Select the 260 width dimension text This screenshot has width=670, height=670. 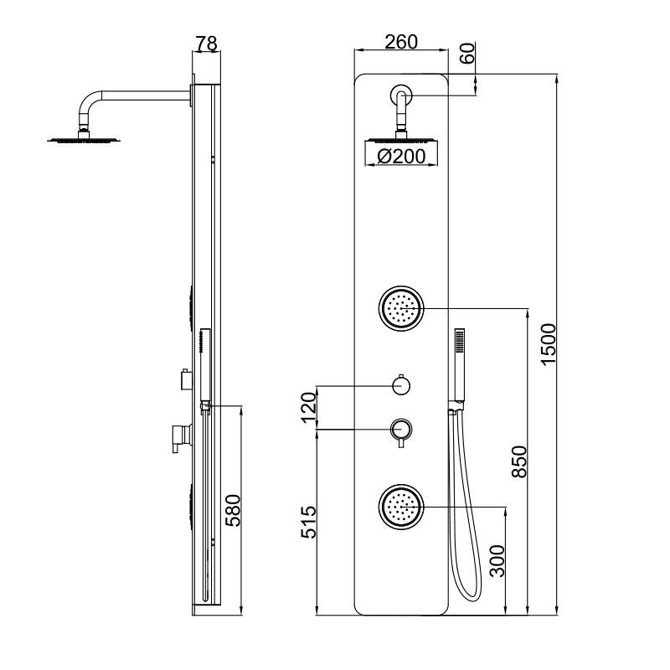400,42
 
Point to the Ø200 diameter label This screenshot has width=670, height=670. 400,156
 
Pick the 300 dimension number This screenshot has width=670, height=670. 497,561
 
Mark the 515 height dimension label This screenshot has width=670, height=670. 307,523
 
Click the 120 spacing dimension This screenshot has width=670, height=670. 307,407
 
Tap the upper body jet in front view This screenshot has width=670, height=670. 401,308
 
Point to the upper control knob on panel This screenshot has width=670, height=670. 401,385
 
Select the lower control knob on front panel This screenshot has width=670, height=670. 401,430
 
